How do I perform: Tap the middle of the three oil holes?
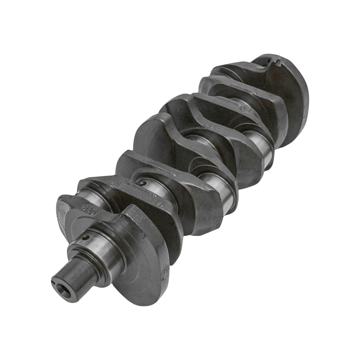[142, 184]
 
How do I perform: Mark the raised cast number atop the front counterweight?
[85, 208]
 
